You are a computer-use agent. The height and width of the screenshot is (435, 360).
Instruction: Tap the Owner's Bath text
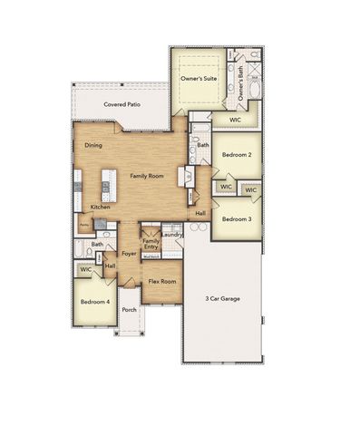point(241,87)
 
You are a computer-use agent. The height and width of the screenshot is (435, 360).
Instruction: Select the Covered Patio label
point(122,104)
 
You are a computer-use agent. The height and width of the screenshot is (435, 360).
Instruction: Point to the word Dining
point(93,145)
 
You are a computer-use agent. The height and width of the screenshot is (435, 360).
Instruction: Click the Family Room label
point(146,175)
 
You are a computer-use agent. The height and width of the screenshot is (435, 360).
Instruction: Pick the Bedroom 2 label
point(237,154)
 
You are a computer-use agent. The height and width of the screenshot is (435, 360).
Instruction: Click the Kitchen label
point(100,207)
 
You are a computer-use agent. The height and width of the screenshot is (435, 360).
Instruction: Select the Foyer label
point(129,253)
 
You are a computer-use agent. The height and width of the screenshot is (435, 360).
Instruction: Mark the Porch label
point(130,309)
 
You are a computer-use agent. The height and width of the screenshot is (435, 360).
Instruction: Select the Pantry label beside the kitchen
point(83,224)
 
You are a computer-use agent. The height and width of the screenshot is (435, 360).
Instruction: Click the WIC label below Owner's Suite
point(234,119)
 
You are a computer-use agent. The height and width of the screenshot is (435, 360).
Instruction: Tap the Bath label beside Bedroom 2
point(203,145)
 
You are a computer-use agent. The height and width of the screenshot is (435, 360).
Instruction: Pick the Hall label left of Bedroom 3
point(199,214)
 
